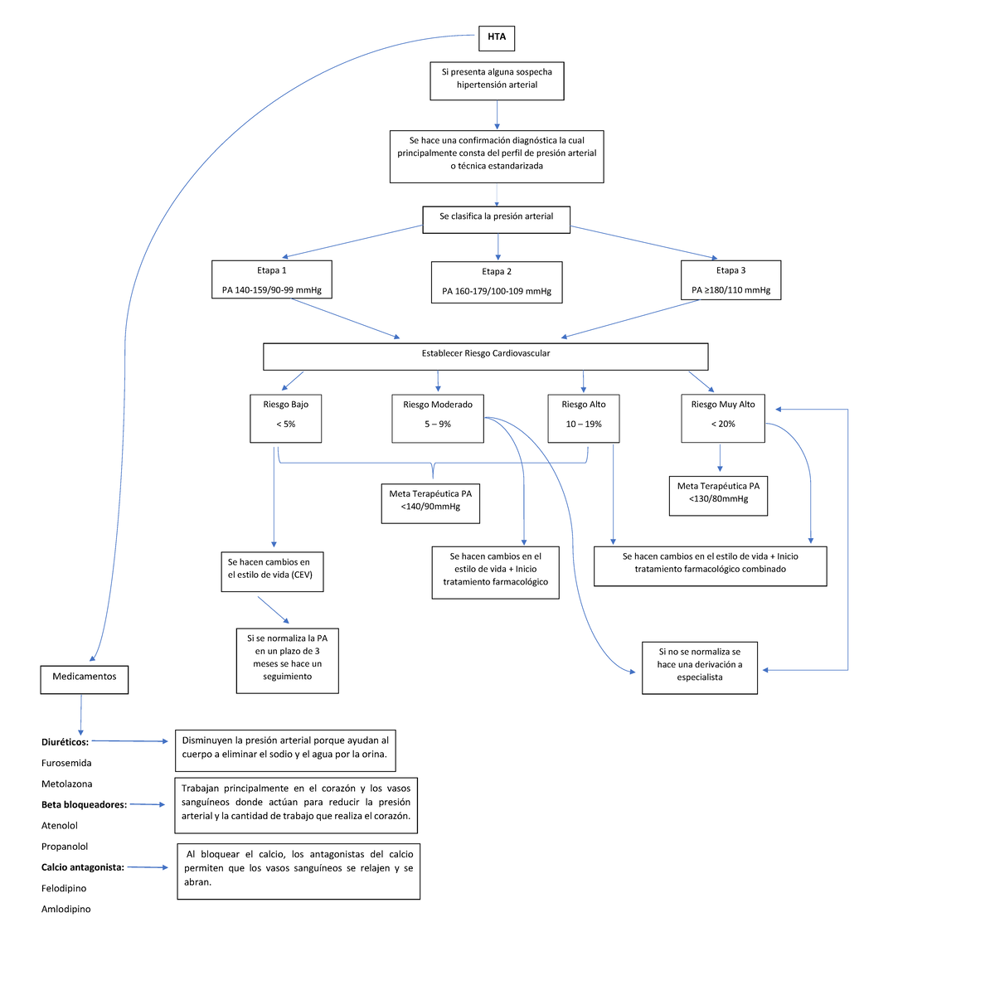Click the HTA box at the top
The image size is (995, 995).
[497, 37]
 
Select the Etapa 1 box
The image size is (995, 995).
[272, 280]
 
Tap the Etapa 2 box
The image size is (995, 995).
[497, 282]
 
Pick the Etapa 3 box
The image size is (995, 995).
[730, 280]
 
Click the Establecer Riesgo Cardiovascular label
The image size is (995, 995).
[485, 354]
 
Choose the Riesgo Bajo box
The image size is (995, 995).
[286, 419]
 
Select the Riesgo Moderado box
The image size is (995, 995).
[438, 419]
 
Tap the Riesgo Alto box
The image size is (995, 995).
[584, 419]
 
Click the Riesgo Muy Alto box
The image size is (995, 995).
[723, 419]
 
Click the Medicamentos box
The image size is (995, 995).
[85, 678]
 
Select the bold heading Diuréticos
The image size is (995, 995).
[66, 742]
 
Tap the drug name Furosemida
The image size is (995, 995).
[66, 763]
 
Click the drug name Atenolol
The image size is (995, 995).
[60, 826]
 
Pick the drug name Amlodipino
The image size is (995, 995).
[66, 910]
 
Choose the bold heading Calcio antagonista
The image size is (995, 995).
[83, 867]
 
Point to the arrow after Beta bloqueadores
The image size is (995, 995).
[148, 804]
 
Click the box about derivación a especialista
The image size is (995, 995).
[700, 667]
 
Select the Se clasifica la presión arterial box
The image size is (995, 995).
[497, 218]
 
